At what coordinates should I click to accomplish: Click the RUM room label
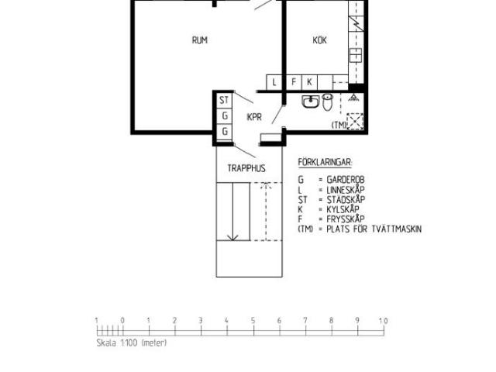coord(200,40)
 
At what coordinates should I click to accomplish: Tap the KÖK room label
coord(319,40)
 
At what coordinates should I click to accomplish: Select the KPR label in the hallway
coord(254,117)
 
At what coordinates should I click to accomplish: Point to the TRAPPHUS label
coord(246,168)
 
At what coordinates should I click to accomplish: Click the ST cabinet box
coord(224,100)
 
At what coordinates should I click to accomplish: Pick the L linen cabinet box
coord(274,82)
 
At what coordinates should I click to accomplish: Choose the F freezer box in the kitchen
coord(294,82)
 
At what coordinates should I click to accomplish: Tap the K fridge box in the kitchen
coord(309,82)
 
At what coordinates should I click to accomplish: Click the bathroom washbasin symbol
coord(311,102)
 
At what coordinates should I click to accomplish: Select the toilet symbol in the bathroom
coord(328,102)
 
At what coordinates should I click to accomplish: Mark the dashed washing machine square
coord(355,121)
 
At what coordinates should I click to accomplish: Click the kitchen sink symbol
coord(356,55)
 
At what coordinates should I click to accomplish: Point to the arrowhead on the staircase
coord(233,237)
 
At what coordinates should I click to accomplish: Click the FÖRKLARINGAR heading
coord(325,162)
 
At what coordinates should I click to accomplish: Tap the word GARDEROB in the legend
coord(346,180)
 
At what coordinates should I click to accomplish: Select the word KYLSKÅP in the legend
coord(343,209)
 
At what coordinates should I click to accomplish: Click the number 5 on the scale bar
coord(253,320)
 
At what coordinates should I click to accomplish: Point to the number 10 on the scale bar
coord(383,321)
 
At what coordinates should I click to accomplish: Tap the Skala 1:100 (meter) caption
coord(132,343)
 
